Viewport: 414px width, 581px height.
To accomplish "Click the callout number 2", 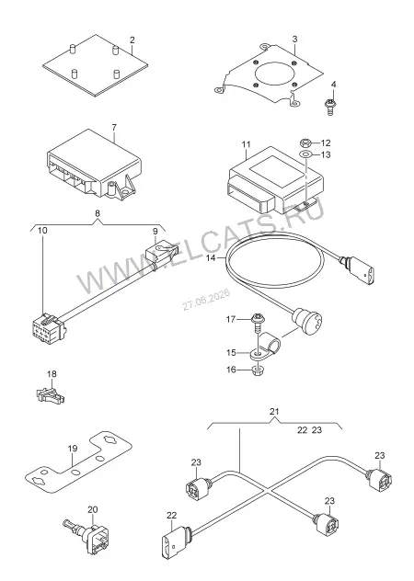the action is (x=132, y=40).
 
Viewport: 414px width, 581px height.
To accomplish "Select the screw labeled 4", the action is (x=329, y=106).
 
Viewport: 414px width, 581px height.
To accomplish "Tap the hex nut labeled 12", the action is (x=305, y=142).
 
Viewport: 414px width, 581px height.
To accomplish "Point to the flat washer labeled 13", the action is (x=305, y=154).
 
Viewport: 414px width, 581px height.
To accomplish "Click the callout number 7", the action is (x=114, y=128).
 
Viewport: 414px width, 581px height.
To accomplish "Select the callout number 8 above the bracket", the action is (x=98, y=213).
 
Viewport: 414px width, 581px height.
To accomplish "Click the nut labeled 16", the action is (x=257, y=370).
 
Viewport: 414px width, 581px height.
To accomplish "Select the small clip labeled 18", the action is (x=50, y=395).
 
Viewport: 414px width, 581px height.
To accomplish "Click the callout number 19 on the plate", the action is (x=73, y=449).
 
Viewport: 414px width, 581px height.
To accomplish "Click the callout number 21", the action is (x=274, y=411).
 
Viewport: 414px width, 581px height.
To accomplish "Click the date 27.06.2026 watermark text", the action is (x=206, y=300).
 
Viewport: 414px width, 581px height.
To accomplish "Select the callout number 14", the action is (x=211, y=257).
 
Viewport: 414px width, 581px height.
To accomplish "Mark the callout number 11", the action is (x=247, y=144).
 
